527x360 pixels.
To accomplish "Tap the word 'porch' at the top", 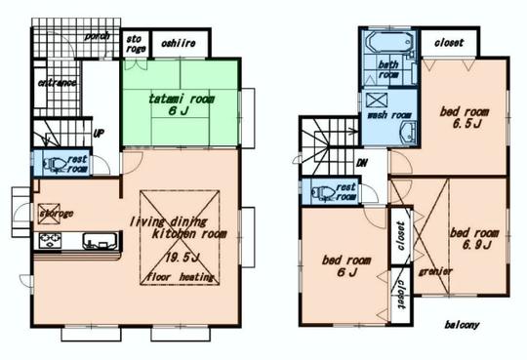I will tap(96, 36).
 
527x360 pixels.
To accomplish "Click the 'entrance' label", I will tap(58, 83).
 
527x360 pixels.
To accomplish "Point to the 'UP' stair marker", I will tap(99, 134).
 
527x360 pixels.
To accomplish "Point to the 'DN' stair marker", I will tap(361, 163).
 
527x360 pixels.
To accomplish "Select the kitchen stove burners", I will tap(50, 240).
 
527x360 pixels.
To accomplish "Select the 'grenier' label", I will tap(433, 270).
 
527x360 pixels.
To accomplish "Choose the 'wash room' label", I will tap(388, 115).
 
